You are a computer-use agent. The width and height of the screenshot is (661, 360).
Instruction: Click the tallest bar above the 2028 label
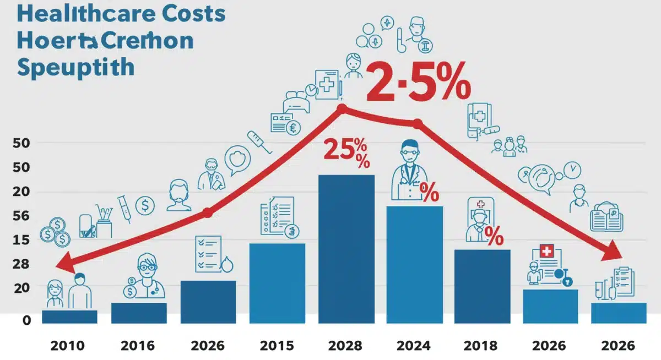(346, 248)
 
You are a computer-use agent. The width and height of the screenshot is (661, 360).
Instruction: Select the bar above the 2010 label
(69, 317)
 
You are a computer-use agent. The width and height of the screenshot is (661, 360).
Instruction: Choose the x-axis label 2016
(138, 346)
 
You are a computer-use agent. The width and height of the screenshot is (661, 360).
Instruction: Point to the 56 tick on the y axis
(21, 216)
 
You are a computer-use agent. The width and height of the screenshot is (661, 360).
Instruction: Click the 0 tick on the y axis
(26, 320)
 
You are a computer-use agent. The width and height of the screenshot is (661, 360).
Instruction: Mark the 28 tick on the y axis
(21, 264)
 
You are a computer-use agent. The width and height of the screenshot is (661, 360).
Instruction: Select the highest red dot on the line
(342, 108)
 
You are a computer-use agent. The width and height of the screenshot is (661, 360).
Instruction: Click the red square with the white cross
(547, 252)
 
